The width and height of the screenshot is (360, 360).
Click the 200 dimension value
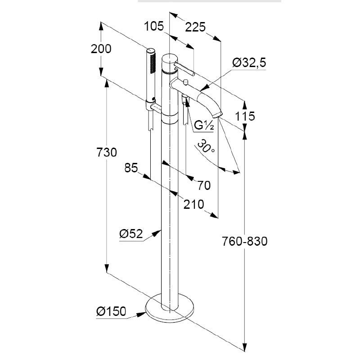click(x=101, y=49)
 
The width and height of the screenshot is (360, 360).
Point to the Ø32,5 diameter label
click(x=249, y=63)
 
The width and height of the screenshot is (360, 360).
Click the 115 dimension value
click(x=245, y=116)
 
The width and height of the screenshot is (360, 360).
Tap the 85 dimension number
click(x=130, y=168)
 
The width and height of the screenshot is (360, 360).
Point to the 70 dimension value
click(x=203, y=184)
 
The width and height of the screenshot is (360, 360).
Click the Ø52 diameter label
click(x=131, y=234)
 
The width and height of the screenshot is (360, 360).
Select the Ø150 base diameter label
click(x=111, y=310)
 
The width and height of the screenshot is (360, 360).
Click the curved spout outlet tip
click(x=218, y=113)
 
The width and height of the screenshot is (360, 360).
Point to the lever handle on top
click(x=184, y=68)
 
